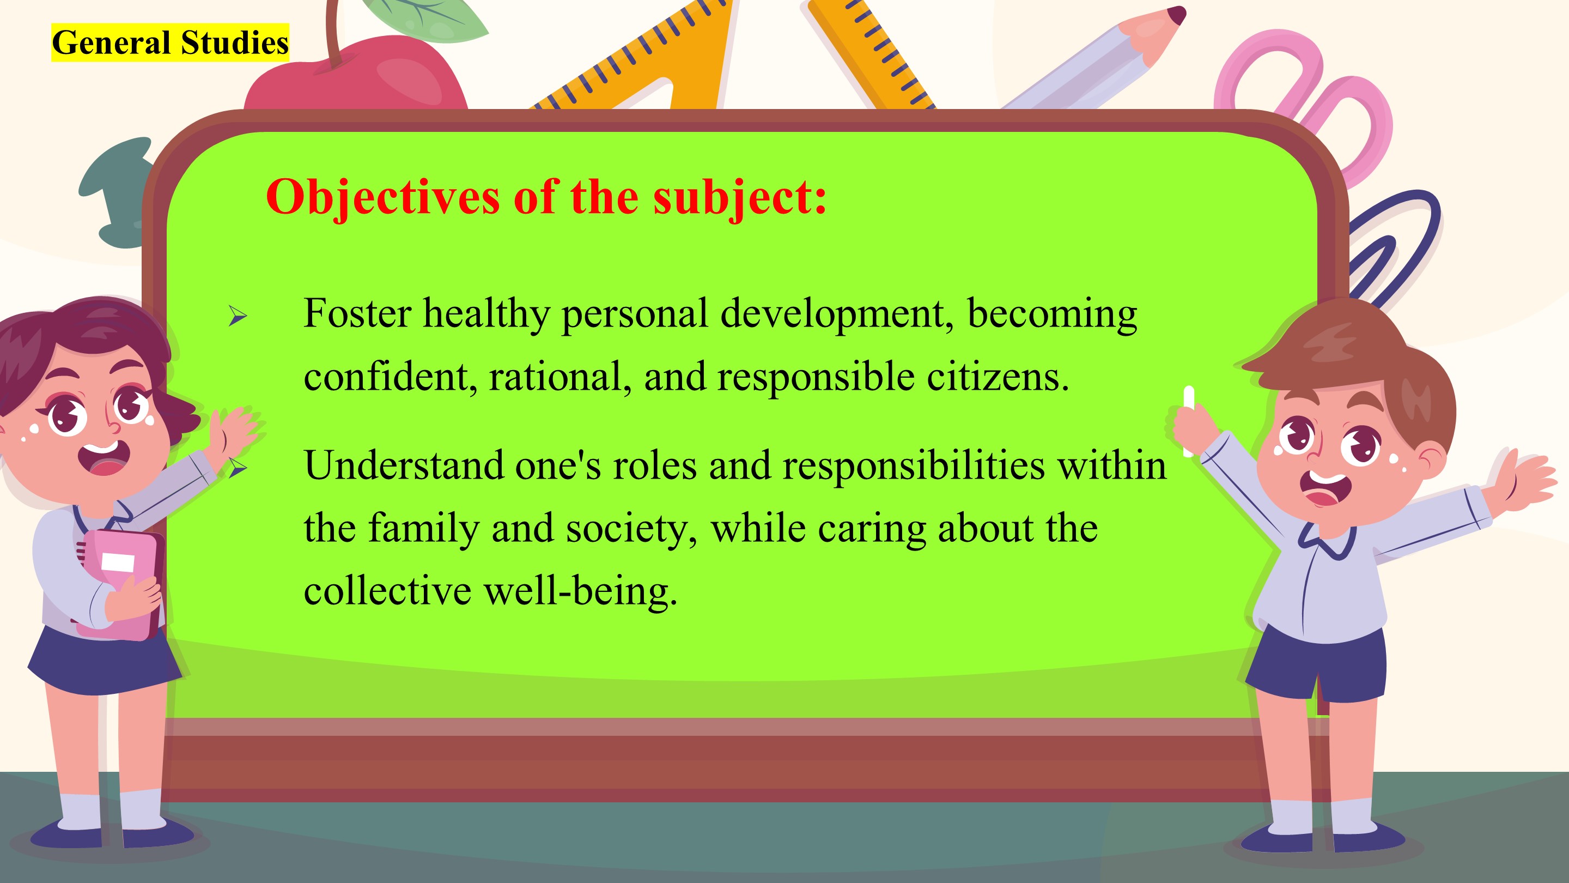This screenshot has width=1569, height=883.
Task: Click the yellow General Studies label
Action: tap(170, 43)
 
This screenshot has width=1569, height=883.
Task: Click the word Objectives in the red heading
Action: tap(383, 197)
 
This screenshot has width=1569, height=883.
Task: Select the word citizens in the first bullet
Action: tap(998, 377)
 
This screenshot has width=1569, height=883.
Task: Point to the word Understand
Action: tap(404, 465)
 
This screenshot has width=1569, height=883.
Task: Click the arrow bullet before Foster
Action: tap(238, 316)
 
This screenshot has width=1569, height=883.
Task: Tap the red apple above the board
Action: tap(356, 73)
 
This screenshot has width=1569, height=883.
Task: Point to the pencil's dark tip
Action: tap(1177, 15)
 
